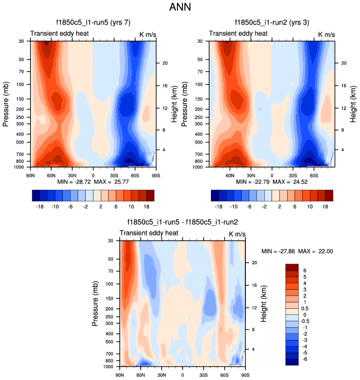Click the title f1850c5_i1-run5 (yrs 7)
click(93, 24)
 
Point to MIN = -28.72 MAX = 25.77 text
click(93, 182)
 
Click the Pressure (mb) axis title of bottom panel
click(96, 303)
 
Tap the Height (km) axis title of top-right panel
click(353, 103)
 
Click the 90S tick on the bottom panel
click(245, 374)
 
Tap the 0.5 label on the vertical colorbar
click(307, 308)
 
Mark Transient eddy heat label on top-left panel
click(55, 34)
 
